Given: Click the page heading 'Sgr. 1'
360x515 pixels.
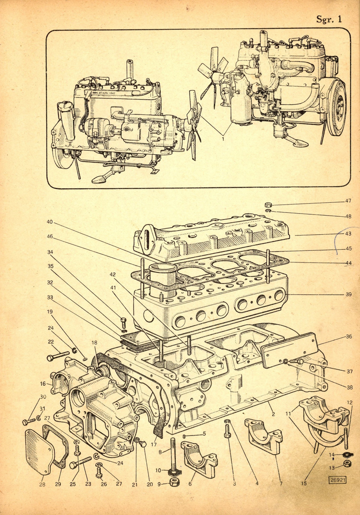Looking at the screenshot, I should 329,19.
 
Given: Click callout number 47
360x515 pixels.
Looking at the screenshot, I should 348,201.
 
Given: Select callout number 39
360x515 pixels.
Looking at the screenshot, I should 348,294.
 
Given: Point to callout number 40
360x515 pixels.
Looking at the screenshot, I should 50,222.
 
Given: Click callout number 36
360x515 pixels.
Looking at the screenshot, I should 348,336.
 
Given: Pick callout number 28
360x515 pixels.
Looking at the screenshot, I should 42,484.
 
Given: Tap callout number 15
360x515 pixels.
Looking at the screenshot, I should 304,483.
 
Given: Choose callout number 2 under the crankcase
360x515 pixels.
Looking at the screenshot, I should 273,414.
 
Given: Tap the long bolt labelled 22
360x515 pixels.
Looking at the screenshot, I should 58,356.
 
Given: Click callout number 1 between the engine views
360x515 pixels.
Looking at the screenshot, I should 223,139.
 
